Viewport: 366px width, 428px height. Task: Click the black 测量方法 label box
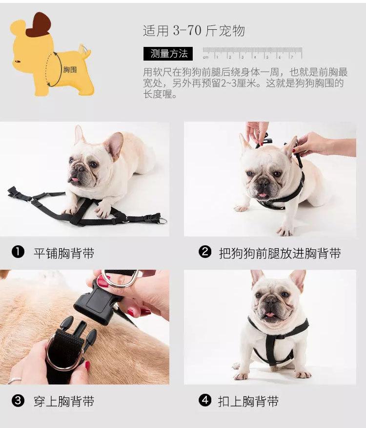pyautogui.click(x=168, y=54)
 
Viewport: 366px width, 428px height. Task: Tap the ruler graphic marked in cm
pyautogui.click(x=252, y=53)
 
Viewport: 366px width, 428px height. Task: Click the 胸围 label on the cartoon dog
pyautogui.click(x=70, y=69)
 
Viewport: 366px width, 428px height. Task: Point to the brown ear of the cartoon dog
pyautogui.click(x=39, y=24)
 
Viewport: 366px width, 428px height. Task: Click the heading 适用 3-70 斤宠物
pyautogui.click(x=194, y=30)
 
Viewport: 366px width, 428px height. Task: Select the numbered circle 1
pyautogui.click(x=18, y=252)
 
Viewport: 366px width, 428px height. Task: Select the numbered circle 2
pyautogui.click(x=205, y=252)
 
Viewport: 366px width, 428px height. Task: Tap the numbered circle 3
pyautogui.click(x=18, y=400)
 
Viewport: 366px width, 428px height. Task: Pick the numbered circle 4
pyautogui.click(x=205, y=400)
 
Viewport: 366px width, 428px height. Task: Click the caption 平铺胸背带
pyautogui.click(x=64, y=253)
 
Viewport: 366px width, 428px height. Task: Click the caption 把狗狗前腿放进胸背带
pyautogui.click(x=280, y=253)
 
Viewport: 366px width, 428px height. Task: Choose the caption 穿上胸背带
pyautogui.click(x=64, y=402)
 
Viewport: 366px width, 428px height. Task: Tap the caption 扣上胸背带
pyautogui.click(x=248, y=402)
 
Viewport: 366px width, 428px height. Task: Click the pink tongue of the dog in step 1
pyautogui.click(x=74, y=180)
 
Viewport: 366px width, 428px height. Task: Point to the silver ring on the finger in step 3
pyautogui.click(x=14, y=380)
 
